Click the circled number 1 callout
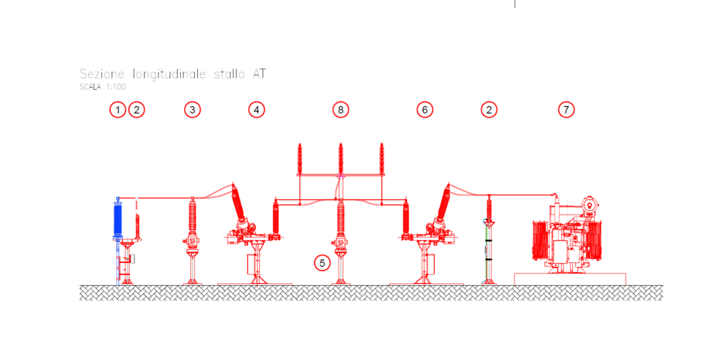(118, 110)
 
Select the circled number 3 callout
(192, 110)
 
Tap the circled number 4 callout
(256, 110)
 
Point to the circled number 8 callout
(341, 110)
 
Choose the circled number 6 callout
(424, 110)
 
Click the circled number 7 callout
(566, 110)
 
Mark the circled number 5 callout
(322, 263)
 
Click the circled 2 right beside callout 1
(136, 110)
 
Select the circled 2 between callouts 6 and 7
(489, 110)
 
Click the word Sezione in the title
(102, 73)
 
